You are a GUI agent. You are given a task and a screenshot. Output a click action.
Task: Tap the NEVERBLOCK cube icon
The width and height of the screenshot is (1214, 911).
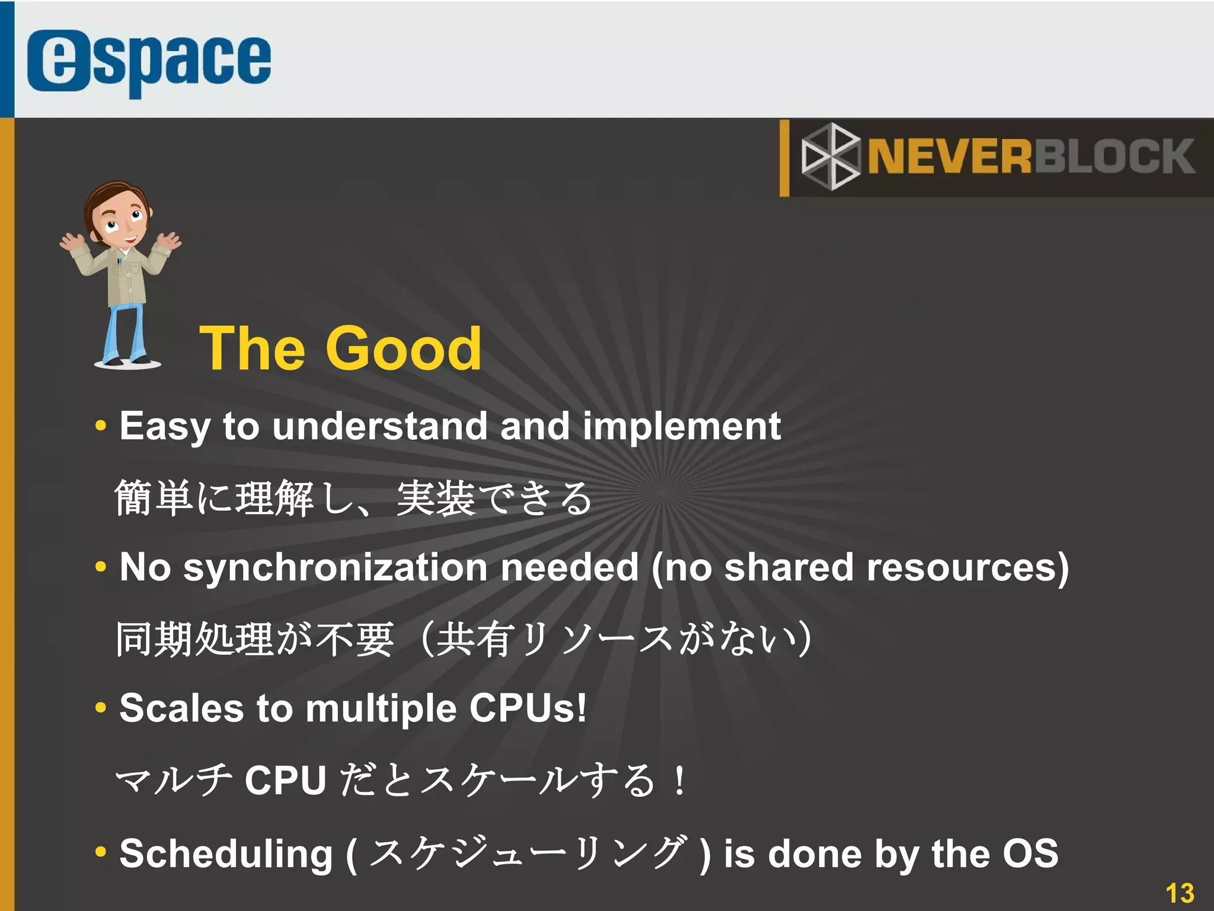(x=830, y=156)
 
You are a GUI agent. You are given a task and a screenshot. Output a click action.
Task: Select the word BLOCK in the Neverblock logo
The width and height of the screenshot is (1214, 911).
(x=1114, y=157)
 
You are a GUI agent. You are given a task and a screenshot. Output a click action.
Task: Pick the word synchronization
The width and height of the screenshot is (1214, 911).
(x=335, y=567)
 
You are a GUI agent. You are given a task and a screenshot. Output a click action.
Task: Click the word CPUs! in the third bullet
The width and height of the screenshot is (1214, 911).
(x=528, y=708)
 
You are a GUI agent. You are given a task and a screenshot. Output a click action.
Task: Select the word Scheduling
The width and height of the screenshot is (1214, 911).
(x=226, y=854)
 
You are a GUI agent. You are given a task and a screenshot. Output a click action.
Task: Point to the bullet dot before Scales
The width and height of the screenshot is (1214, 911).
(x=101, y=707)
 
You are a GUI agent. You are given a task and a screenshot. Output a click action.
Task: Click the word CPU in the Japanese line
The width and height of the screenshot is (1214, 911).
(x=285, y=780)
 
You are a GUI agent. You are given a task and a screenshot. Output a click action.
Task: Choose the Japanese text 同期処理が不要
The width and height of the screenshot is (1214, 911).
(x=255, y=640)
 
